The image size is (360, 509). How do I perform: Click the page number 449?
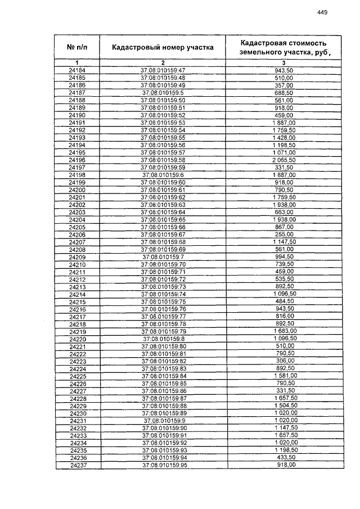click(x=322, y=12)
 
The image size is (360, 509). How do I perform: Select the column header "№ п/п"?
click(x=77, y=47)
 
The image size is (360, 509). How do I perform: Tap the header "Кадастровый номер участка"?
click(x=163, y=47)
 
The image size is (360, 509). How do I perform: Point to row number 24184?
click(x=77, y=70)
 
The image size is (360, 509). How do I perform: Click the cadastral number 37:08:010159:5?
click(x=163, y=92)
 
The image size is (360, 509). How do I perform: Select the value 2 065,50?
click(x=283, y=160)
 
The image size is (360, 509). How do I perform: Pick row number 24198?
click(x=77, y=175)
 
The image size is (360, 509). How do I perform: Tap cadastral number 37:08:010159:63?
click(x=163, y=205)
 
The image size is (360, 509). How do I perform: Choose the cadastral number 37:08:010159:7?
click(x=163, y=257)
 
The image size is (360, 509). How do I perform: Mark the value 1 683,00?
click(x=283, y=332)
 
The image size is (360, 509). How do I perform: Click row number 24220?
click(x=78, y=339)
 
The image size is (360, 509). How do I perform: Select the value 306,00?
click(x=284, y=361)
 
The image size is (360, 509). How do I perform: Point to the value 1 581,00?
click(x=284, y=376)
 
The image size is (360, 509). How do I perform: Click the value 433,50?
click(x=284, y=458)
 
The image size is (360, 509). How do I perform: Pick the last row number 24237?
click(x=78, y=465)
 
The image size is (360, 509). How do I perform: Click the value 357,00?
click(x=283, y=85)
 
